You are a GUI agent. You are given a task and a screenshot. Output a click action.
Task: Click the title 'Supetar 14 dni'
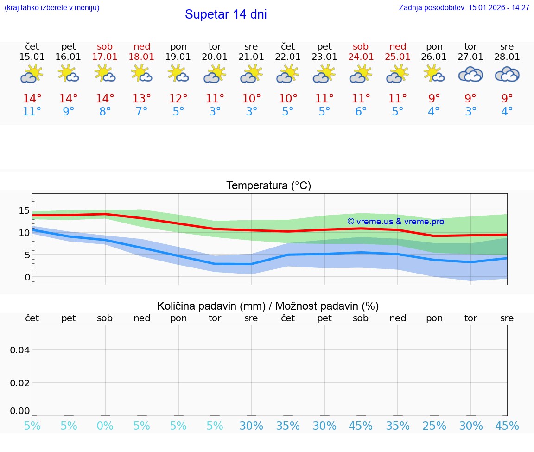(x=226, y=14)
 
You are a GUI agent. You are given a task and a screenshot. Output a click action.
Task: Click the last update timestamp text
(x=464, y=8)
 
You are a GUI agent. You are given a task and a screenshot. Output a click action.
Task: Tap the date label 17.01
(x=105, y=57)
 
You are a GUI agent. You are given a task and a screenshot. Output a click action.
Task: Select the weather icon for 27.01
(x=470, y=74)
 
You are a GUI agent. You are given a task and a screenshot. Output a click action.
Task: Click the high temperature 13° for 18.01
(x=141, y=99)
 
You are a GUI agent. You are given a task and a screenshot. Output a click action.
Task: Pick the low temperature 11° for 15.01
(x=32, y=112)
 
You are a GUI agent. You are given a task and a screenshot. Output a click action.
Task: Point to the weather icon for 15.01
(x=32, y=74)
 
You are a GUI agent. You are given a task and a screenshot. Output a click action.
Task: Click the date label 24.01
(x=361, y=57)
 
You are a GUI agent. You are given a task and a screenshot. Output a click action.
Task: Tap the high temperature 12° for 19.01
(x=178, y=99)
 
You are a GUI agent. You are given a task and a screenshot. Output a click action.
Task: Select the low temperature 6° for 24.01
(x=361, y=112)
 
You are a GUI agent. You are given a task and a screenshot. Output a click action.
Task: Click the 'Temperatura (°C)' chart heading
(x=268, y=186)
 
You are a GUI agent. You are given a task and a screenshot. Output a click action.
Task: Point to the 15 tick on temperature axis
(x=24, y=211)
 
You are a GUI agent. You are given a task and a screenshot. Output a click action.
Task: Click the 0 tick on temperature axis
(x=27, y=277)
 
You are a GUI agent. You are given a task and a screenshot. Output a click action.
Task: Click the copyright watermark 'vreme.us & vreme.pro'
(x=396, y=222)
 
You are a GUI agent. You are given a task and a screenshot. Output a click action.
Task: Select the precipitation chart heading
(x=268, y=306)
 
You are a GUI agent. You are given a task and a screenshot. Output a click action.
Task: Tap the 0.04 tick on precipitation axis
(x=20, y=350)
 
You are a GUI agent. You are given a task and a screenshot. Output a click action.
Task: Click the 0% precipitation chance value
(x=105, y=426)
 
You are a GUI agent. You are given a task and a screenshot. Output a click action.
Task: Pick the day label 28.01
(x=507, y=57)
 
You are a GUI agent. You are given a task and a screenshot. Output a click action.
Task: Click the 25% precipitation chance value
(x=434, y=426)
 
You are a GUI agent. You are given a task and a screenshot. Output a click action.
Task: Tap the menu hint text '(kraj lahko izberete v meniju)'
(x=52, y=8)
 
